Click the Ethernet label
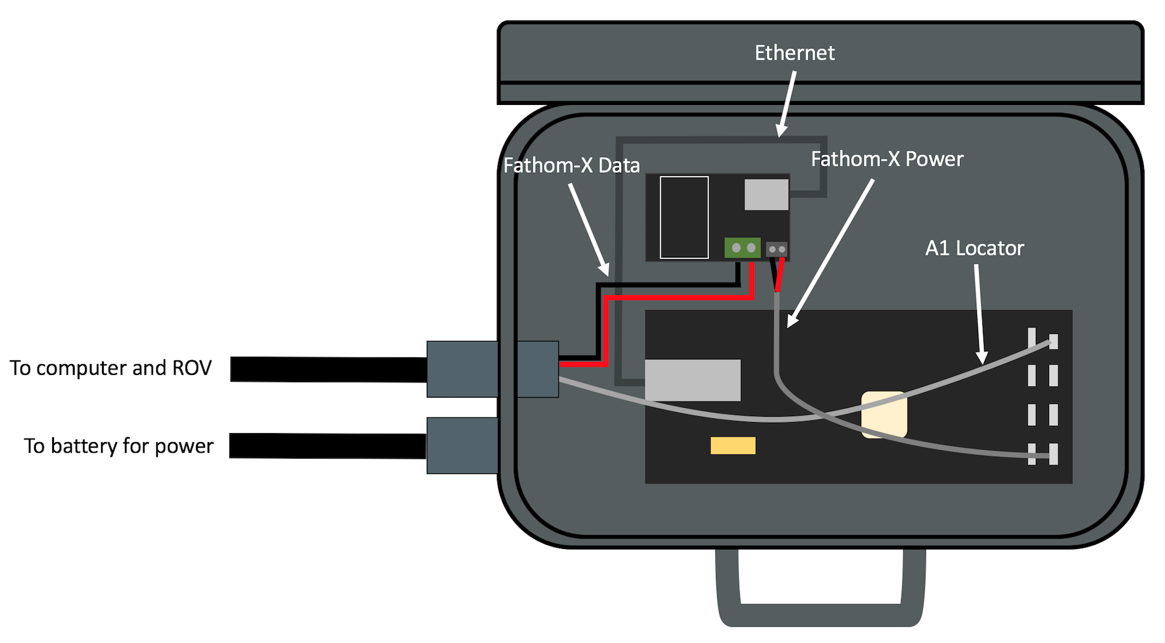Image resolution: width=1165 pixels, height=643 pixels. coord(794,53)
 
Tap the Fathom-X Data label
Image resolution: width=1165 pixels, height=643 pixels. coord(572,166)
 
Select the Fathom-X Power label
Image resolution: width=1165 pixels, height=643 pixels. coord(887,159)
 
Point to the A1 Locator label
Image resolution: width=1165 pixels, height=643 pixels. coord(974,248)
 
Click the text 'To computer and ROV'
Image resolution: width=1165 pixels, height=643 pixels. coord(110,368)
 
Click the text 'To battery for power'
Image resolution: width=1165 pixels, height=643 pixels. coord(119,446)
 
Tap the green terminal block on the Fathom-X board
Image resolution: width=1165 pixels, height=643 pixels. coord(743,247)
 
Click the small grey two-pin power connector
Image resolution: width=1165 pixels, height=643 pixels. coord(777,249)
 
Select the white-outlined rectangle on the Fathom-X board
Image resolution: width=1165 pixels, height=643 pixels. coord(684,217)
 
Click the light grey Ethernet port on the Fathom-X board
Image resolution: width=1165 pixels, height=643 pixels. coord(766,195)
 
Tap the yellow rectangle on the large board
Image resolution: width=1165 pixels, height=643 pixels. coord(733,446)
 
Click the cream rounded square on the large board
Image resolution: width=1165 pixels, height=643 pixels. coord(884,414)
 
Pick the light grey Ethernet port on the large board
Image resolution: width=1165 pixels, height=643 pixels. coord(692,380)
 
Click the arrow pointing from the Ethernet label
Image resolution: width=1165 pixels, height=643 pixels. coord(787,103)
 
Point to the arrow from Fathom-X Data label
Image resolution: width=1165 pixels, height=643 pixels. coord(589,230)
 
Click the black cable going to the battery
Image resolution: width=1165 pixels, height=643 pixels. coord(328,446)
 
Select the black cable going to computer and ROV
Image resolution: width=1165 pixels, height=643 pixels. coord(328,369)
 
